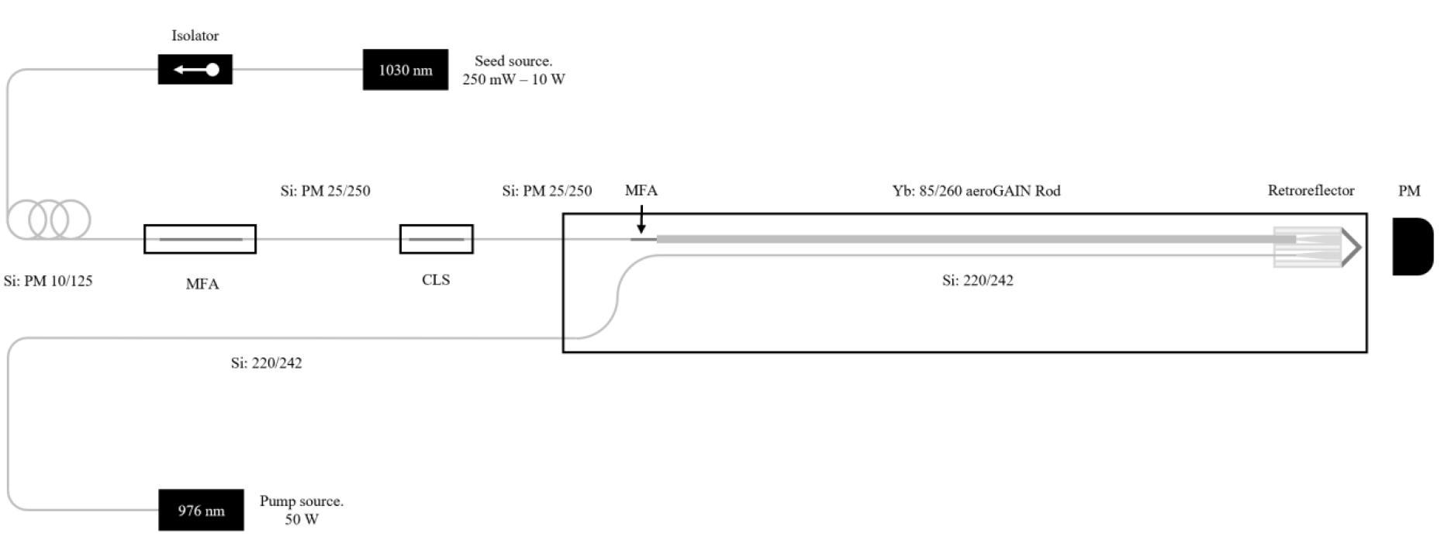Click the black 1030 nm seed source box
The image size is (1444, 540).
click(405, 70)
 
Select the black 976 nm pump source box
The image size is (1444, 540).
click(201, 510)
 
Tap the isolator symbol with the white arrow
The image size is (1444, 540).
click(195, 70)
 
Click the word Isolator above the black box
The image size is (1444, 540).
click(195, 36)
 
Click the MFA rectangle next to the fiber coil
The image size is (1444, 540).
click(200, 239)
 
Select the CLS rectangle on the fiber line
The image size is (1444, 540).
click(437, 239)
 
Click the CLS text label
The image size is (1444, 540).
click(436, 280)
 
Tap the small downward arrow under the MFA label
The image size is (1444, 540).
click(641, 220)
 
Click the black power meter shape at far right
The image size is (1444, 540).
click(1412, 247)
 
